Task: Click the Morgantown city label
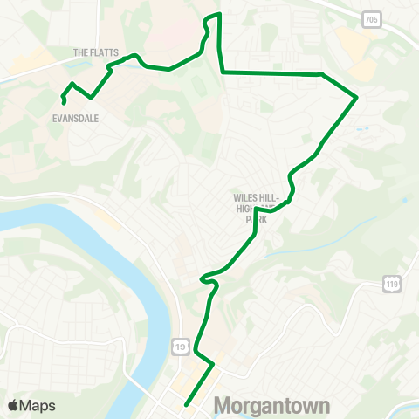click(x=271, y=406)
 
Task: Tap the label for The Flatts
click(x=96, y=52)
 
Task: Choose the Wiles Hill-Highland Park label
click(x=256, y=209)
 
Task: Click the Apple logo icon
click(x=14, y=405)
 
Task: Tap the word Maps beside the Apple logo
click(x=38, y=405)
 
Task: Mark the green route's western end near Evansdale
click(x=65, y=105)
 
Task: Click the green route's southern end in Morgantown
click(x=186, y=404)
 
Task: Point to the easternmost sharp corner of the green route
click(x=357, y=97)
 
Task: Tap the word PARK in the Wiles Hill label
click(x=256, y=220)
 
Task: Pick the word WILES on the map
click(x=244, y=198)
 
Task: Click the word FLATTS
click(x=103, y=52)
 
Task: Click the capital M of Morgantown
click(x=223, y=406)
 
